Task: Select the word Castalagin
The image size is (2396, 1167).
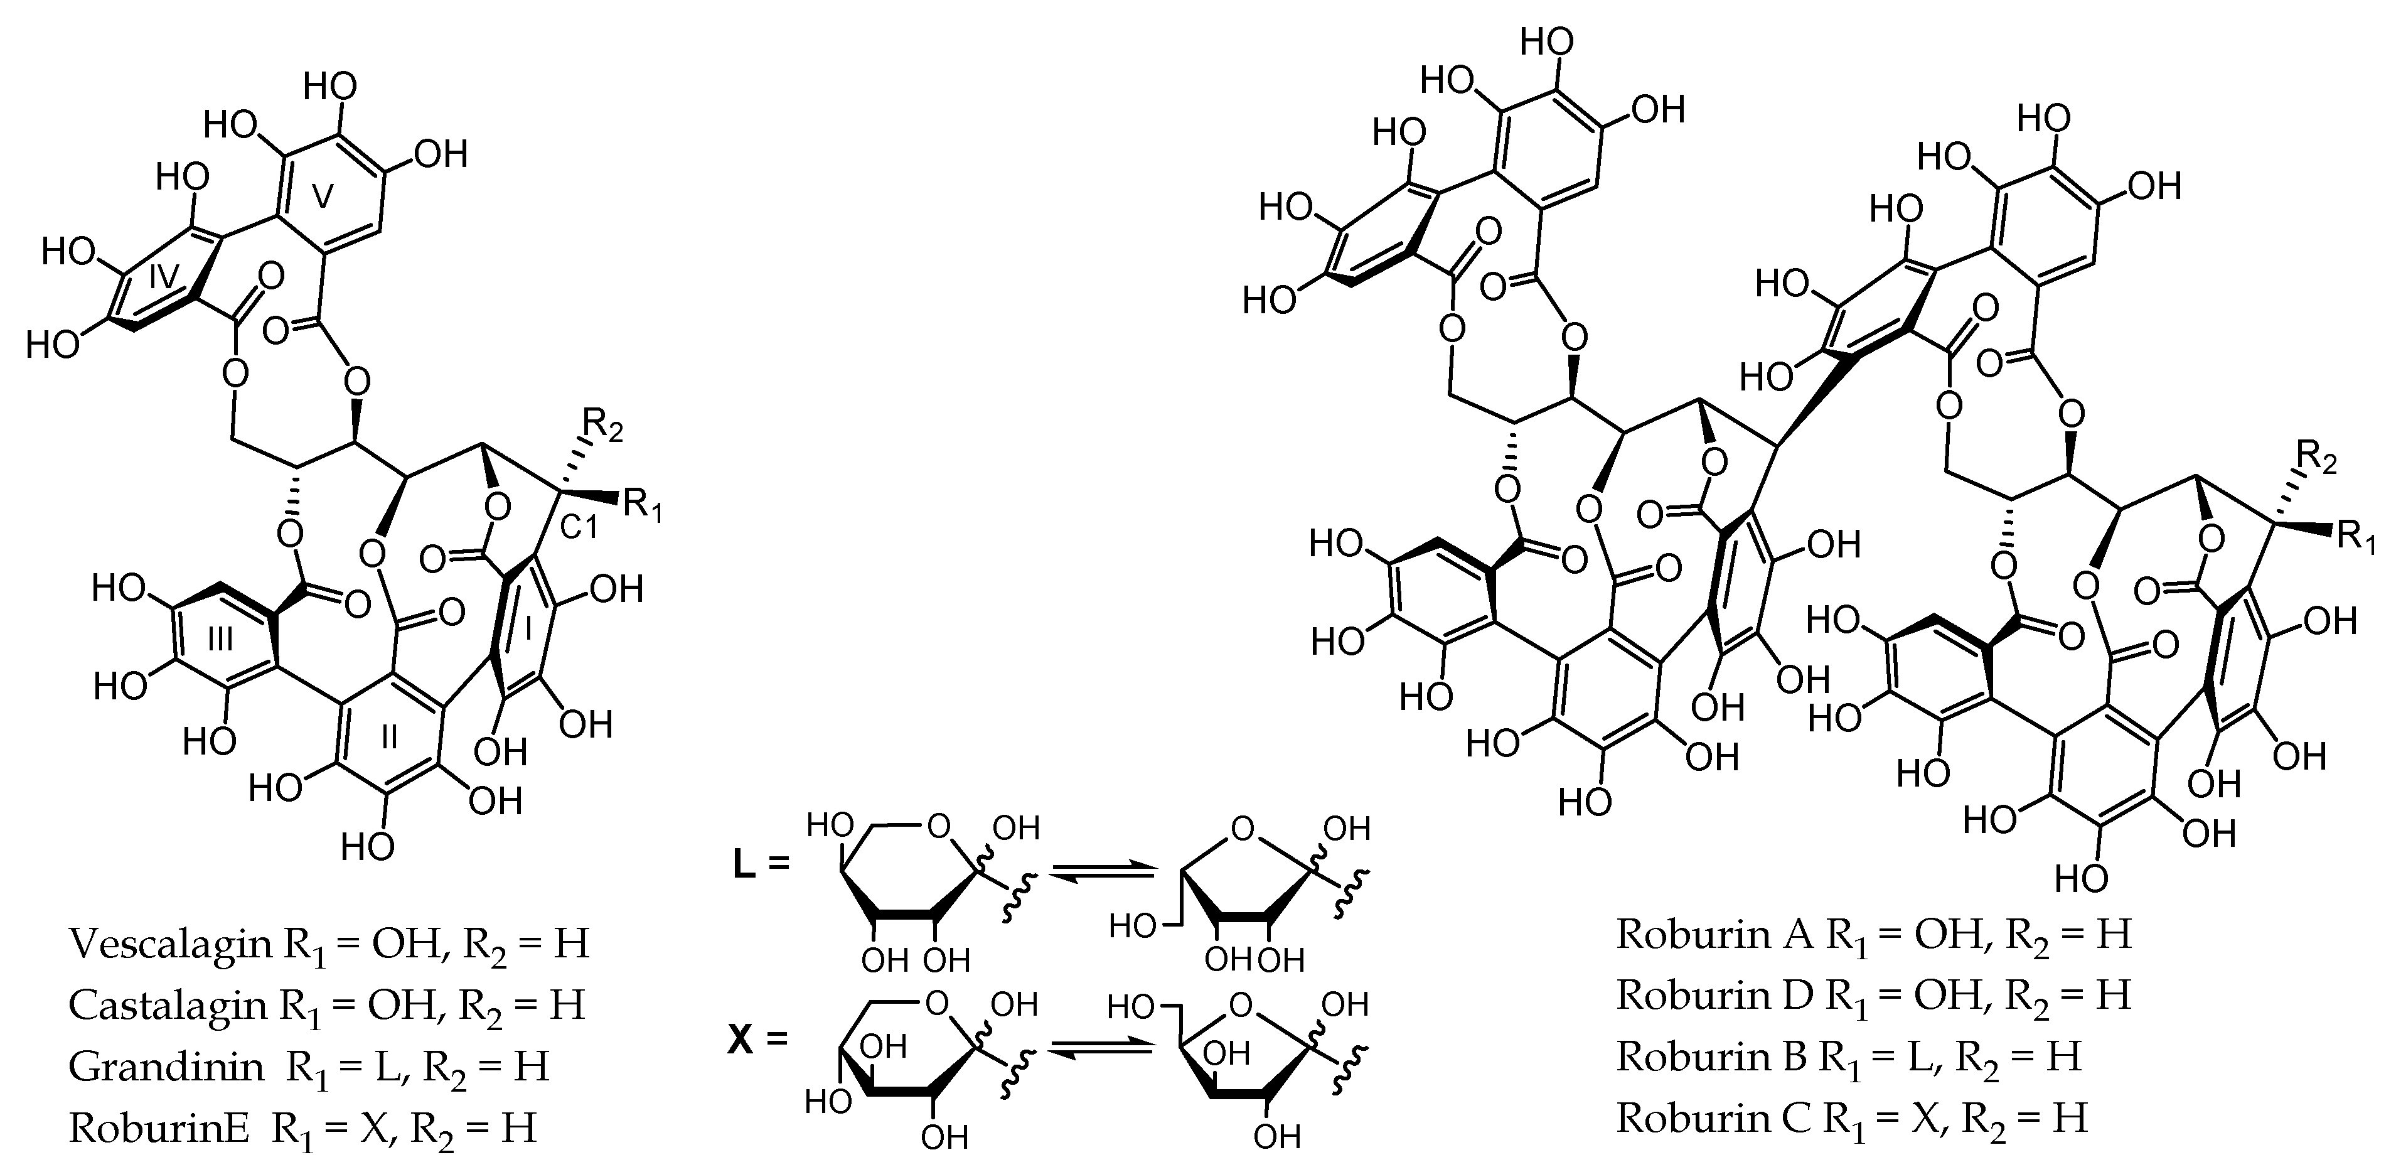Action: tap(168, 1005)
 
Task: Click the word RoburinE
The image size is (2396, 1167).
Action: tap(159, 1128)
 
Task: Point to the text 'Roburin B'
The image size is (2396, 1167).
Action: tap(1711, 1057)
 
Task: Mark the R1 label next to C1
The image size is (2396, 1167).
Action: tap(642, 505)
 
